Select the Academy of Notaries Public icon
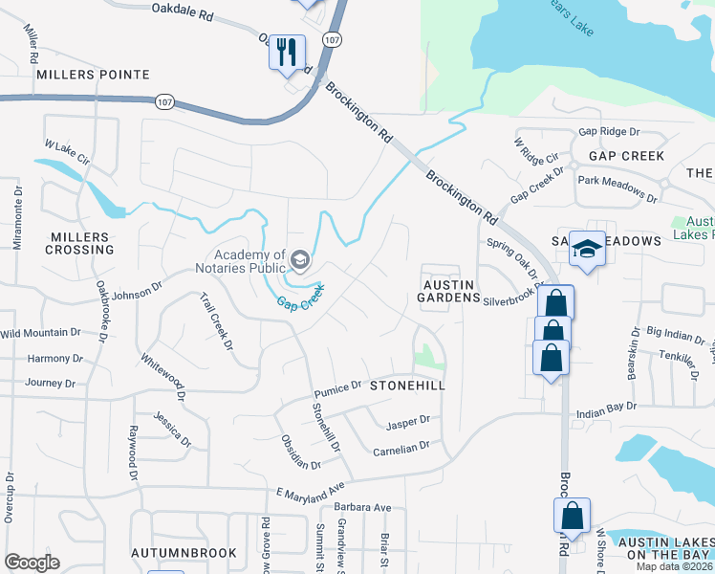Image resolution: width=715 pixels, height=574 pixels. [300, 259]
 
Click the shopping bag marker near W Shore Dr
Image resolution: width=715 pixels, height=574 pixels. [572, 516]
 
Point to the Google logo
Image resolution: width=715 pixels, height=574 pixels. [32, 563]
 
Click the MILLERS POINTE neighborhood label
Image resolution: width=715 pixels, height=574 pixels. [93, 74]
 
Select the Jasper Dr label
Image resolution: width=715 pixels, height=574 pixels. [408, 422]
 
